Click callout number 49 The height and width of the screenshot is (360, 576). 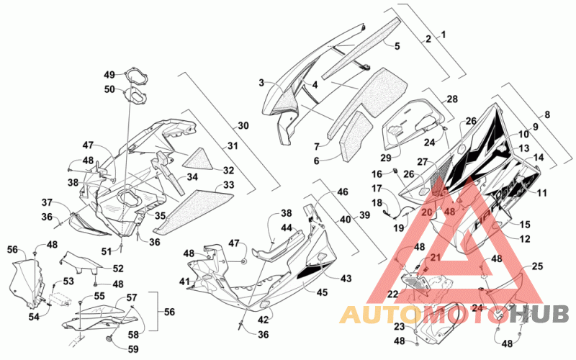(109, 75)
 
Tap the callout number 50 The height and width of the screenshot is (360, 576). (110, 89)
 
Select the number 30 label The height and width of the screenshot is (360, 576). (243, 125)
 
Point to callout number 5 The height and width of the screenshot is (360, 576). (397, 46)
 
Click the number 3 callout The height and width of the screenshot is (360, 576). (261, 83)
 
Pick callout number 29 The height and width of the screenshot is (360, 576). (386, 158)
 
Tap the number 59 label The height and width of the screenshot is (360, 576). (133, 348)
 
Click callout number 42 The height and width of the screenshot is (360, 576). (263, 320)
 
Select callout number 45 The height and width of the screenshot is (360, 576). (322, 293)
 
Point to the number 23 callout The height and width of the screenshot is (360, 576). (400, 327)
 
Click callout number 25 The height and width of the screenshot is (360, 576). (537, 266)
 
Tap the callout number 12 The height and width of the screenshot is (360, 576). (525, 239)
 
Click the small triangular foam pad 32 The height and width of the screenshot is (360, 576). (199, 158)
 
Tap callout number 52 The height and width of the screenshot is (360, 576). (118, 269)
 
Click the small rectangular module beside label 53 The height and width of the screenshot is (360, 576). (59, 298)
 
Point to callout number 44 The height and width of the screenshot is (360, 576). (287, 228)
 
